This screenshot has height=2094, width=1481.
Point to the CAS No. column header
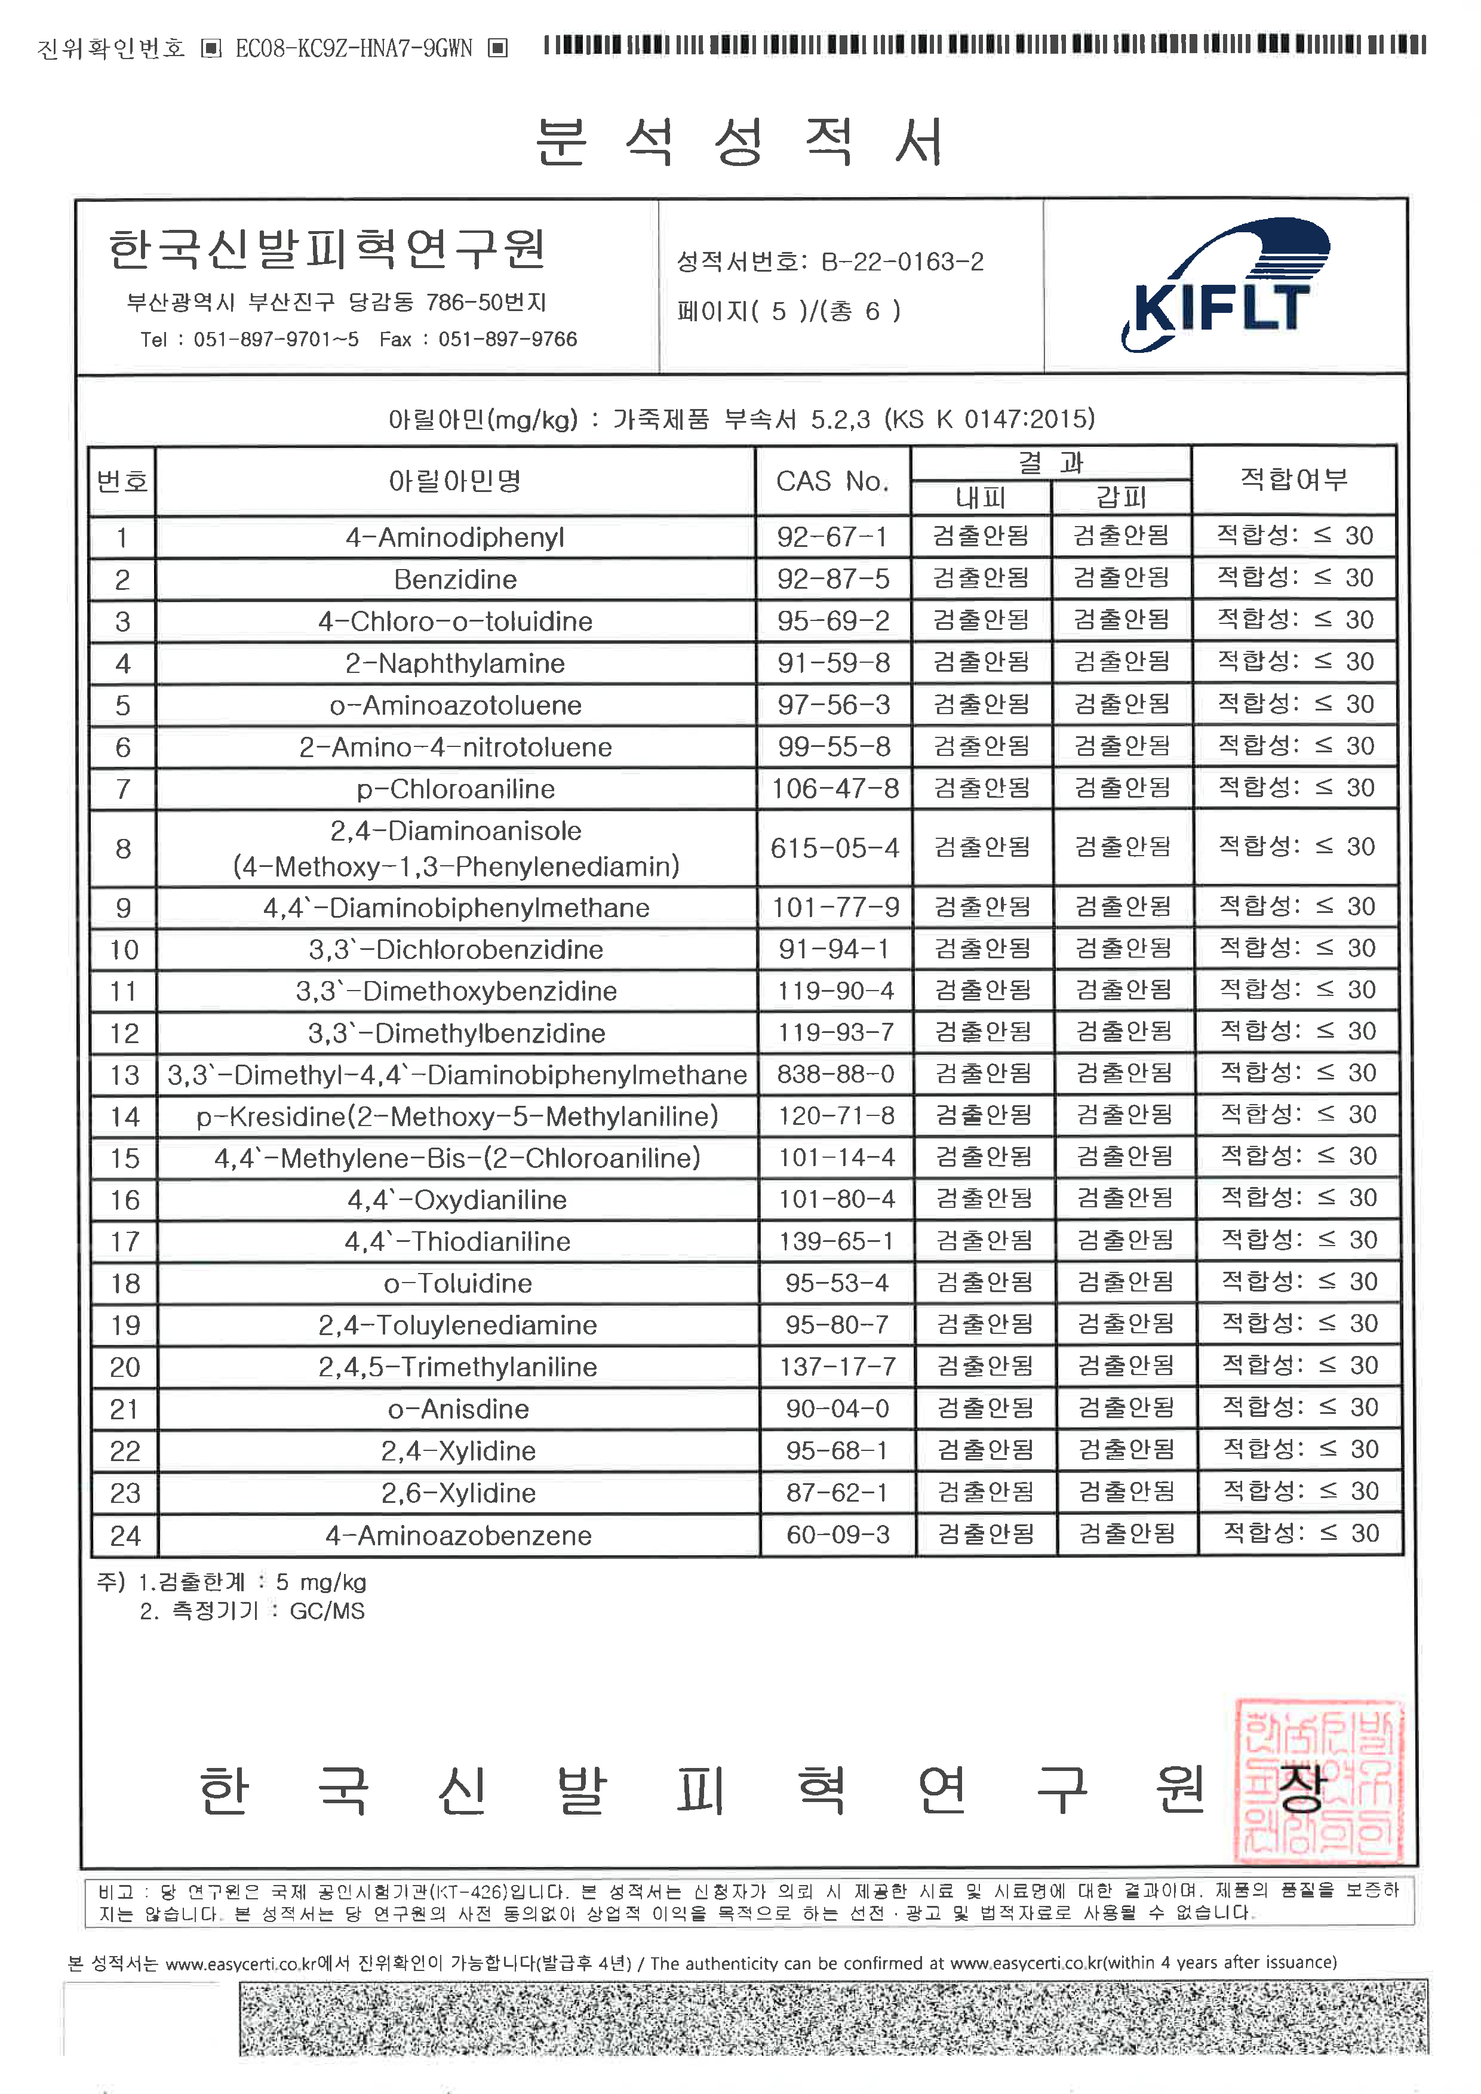(x=832, y=481)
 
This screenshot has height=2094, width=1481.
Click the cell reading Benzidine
(x=455, y=579)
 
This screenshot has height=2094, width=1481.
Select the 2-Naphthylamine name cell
(x=455, y=663)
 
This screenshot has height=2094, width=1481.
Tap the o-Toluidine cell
(x=458, y=1283)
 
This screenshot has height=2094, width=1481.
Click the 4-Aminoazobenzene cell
(x=459, y=1535)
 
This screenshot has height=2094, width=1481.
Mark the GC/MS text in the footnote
(x=327, y=1610)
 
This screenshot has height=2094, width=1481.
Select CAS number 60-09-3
(x=837, y=1534)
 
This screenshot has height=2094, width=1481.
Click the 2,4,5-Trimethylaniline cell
(x=458, y=1366)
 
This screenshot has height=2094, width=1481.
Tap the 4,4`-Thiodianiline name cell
(x=458, y=1241)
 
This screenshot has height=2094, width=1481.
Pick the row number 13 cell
(x=125, y=1074)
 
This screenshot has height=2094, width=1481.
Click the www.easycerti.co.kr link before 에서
(x=240, y=1963)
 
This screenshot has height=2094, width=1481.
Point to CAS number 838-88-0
(x=835, y=1074)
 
